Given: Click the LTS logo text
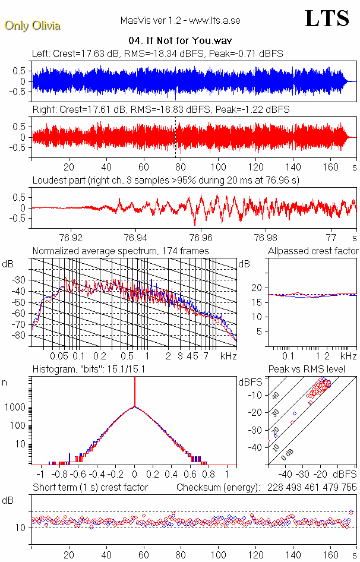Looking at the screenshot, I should tap(327, 18).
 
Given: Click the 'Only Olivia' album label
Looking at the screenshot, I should tap(32, 26).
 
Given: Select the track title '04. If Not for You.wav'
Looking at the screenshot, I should tap(180, 40).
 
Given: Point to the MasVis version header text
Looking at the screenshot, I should tap(180, 20).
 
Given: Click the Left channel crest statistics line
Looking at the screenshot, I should tap(157, 53).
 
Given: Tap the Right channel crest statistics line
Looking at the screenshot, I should tap(160, 109).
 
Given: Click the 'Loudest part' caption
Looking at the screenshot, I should tap(166, 180).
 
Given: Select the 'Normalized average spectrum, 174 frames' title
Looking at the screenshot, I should tap(121, 251).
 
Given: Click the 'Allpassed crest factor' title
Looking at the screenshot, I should tap(313, 251).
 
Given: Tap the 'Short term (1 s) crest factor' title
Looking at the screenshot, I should tap(90, 487).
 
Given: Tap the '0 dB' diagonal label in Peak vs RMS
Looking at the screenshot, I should tap(288, 454).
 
